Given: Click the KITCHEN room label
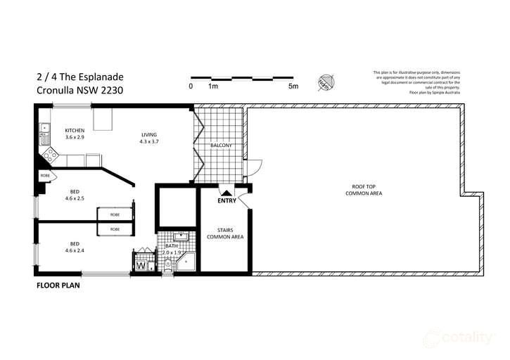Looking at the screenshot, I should (x=75, y=131).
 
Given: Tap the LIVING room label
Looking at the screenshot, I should (x=148, y=134).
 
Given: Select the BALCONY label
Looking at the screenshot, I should (x=222, y=146).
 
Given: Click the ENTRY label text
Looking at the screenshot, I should (x=227, y=200).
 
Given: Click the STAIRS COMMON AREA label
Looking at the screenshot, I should (x=225, y=234).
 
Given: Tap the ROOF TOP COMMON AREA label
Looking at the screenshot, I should (x=364, y=189).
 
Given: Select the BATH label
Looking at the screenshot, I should (x=170, y=247).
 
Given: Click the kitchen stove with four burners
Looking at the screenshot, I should (x=49, y=151).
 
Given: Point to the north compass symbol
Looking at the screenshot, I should (x=325, y=82).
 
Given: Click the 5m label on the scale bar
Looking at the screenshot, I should (x=293, y=86).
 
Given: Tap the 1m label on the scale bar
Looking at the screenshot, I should (x=212, y=86).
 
